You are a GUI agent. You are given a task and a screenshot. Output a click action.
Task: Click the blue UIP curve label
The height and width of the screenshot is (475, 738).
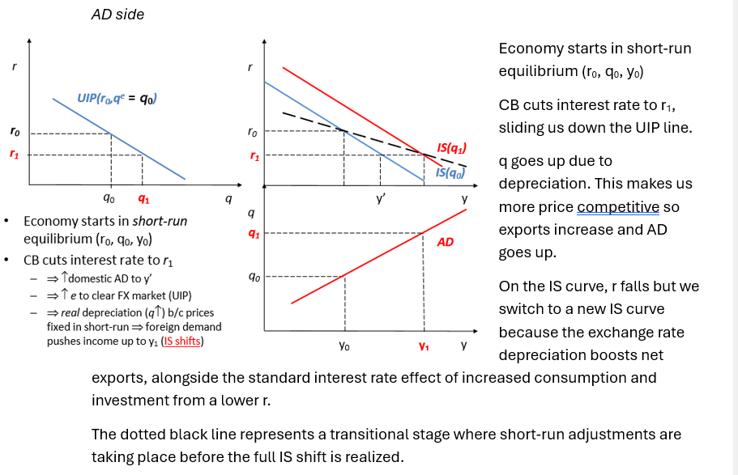coord(117,99)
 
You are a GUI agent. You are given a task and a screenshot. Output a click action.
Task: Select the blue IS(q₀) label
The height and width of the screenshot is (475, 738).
coord(450,172)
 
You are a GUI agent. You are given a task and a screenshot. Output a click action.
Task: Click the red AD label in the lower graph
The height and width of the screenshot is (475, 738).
coord(446,241)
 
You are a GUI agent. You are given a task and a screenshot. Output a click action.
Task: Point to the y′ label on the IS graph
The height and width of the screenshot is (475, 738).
coord(381,197)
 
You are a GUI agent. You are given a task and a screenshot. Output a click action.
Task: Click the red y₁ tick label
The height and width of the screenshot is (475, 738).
coord(424,345)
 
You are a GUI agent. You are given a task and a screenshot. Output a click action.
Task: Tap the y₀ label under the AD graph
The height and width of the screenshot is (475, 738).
coord(344,345)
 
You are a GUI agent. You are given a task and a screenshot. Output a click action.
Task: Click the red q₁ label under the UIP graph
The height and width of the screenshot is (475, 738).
coord(143,198)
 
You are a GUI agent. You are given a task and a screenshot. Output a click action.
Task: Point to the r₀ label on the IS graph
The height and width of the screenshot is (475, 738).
coord(252,131)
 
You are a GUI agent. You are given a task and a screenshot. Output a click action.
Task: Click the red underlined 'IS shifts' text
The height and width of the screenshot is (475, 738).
coord(182,341)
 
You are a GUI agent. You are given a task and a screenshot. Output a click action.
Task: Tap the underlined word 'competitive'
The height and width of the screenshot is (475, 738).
coord(618,207)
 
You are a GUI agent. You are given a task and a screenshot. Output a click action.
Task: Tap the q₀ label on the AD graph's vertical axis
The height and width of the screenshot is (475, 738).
coord(254,276)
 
